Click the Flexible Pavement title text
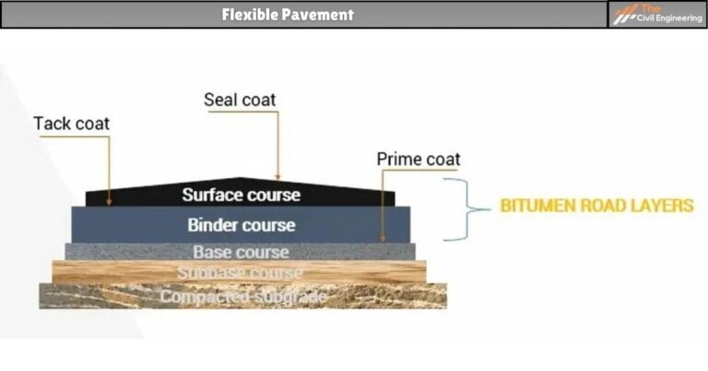coord(288,15)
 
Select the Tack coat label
coord(71,124)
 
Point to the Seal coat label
coord(240,100)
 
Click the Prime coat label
coord(418,160)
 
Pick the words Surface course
coord(241,195)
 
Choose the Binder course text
coord(241,224)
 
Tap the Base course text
coord(241,252)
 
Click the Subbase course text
coord(240,273)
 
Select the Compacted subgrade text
coord(242,297)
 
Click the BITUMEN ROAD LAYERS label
coord(596,206)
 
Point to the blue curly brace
coord(466,209)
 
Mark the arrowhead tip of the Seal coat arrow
coord(277,178)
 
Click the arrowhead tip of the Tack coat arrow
coord(109,203)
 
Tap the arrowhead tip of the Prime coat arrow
coord(382,240)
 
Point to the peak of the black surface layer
coord(241,178)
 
